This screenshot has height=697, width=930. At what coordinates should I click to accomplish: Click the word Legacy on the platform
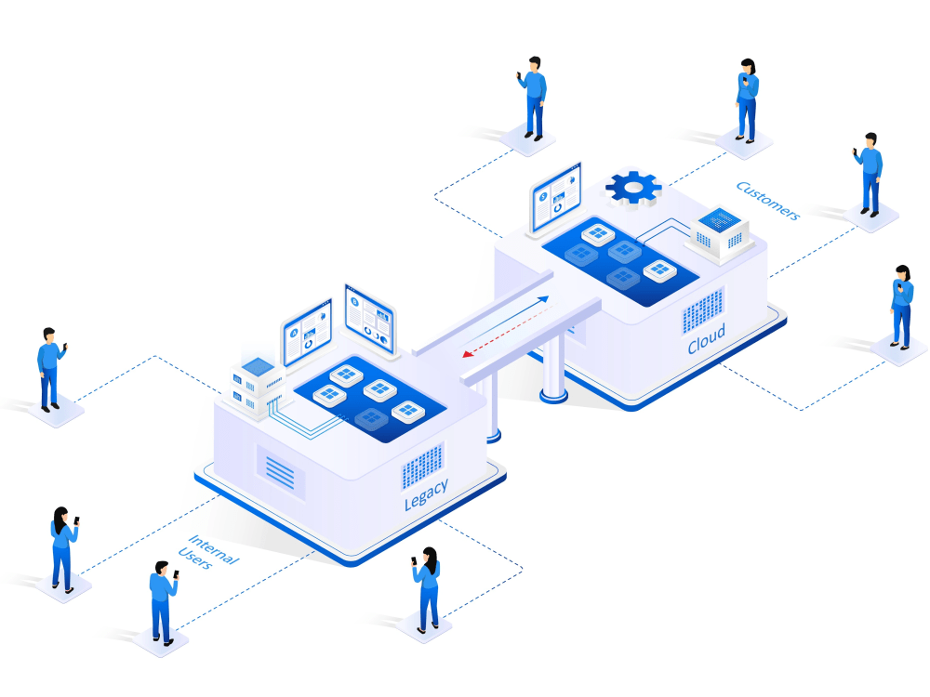[426, 494]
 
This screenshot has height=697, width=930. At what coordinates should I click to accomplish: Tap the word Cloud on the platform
[707, 339]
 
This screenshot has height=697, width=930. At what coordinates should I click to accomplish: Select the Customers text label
[768, 201]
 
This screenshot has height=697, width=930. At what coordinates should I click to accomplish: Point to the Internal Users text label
[208, 552]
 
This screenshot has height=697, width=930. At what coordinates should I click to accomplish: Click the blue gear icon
[633, 188]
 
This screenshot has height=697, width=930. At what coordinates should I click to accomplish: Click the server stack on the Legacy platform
[258, 386]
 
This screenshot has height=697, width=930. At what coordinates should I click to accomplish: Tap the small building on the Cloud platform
[720, 231]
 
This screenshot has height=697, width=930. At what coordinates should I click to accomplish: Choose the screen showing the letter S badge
[556, 197]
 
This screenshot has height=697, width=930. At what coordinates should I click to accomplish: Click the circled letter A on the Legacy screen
[293, 334]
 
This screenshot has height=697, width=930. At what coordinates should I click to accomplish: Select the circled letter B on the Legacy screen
[354, 302]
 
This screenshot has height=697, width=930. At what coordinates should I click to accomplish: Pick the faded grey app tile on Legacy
[371, 419]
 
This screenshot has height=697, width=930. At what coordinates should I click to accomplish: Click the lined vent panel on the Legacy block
[280, 472]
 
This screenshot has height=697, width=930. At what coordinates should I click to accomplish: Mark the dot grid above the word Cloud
[703, 310]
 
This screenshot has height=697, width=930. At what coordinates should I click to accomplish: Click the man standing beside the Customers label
[869, 175]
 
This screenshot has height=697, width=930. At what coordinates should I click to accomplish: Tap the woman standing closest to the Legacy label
[428, 590]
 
